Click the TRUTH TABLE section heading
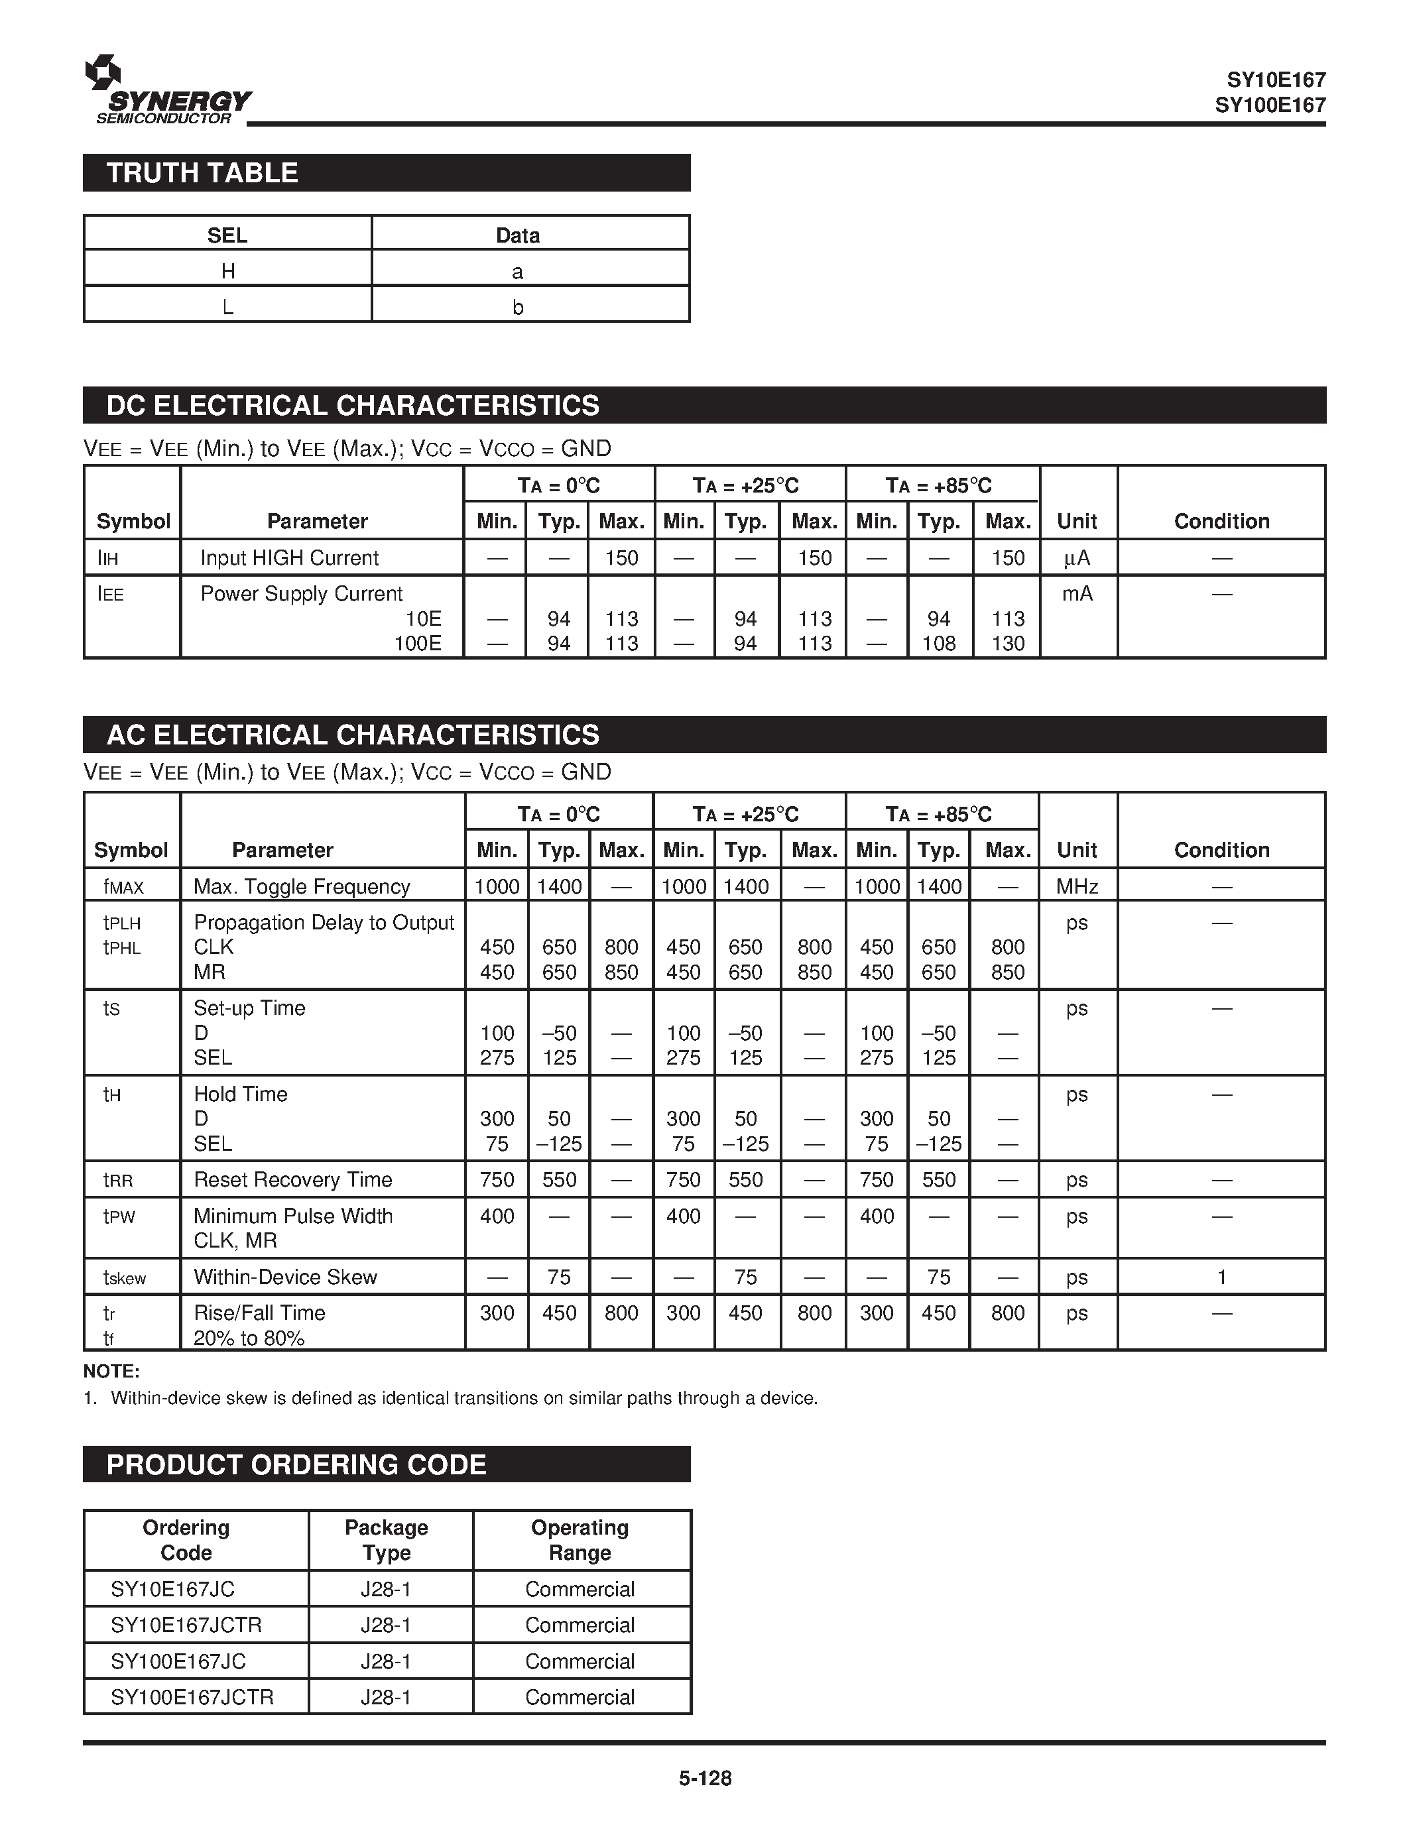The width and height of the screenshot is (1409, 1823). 202,173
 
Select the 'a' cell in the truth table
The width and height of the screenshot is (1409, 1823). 518,272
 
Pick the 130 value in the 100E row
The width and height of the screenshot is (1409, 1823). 1007,644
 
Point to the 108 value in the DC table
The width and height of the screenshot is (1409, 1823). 938,644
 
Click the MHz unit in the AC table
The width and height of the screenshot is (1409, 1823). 1076,886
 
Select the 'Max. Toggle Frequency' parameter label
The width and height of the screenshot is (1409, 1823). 301,886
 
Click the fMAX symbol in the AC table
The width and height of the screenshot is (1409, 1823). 123,887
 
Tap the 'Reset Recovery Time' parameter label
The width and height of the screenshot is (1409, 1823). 292,1179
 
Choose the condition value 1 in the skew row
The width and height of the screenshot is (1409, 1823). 1221,1277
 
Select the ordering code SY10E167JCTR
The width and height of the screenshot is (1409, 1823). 186,1625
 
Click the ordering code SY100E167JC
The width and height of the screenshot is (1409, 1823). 178,1661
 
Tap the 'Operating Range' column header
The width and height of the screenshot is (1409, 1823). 580,1540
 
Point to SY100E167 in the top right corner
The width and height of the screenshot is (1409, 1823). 1270,105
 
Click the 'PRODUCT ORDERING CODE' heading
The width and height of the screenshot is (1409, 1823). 296,1465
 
